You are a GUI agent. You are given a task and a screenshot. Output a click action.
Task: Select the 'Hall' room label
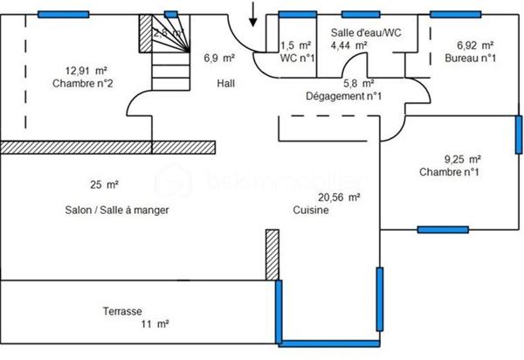point(226,84)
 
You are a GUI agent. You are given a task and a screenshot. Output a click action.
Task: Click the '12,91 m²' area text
point(86,70)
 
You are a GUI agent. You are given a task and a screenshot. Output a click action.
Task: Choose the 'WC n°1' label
point(298,59)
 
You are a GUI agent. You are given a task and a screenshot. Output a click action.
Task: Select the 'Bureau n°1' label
point(470,59)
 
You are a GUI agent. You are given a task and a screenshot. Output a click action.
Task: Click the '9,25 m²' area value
point(463,159)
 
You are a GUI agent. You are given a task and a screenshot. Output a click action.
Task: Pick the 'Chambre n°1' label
point(450,172)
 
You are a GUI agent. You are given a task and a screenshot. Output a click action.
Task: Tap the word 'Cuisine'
point(311,211)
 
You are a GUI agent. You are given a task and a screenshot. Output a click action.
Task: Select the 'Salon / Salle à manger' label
point(117,211)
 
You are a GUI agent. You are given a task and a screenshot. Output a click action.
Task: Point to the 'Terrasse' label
point(122,310)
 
